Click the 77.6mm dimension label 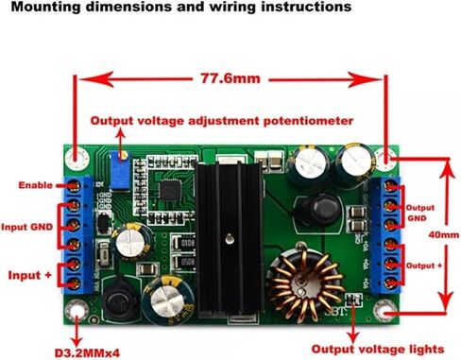pos(230,78)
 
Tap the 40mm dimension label pos(444,235)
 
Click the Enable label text pos(36,185)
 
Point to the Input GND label pos(27,227)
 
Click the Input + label pos(29,275)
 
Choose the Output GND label pos(420,213)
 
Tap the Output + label pos(424,266)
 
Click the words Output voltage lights pos(378,350)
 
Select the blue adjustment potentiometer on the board pos(119,171)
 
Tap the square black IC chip pos(170,190)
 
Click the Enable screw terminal pos(74,186)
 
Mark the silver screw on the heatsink pos(230,239)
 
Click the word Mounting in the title pos(45,7)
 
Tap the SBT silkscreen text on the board pos(335,313)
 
